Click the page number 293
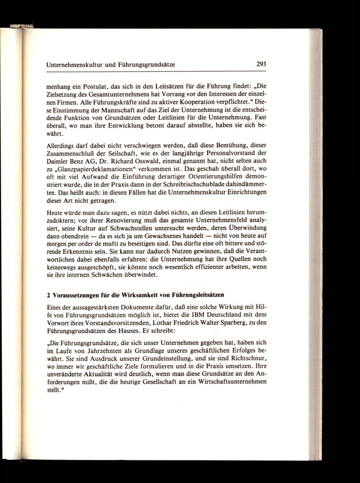point(261,65)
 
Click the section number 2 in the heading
point(49,295)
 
